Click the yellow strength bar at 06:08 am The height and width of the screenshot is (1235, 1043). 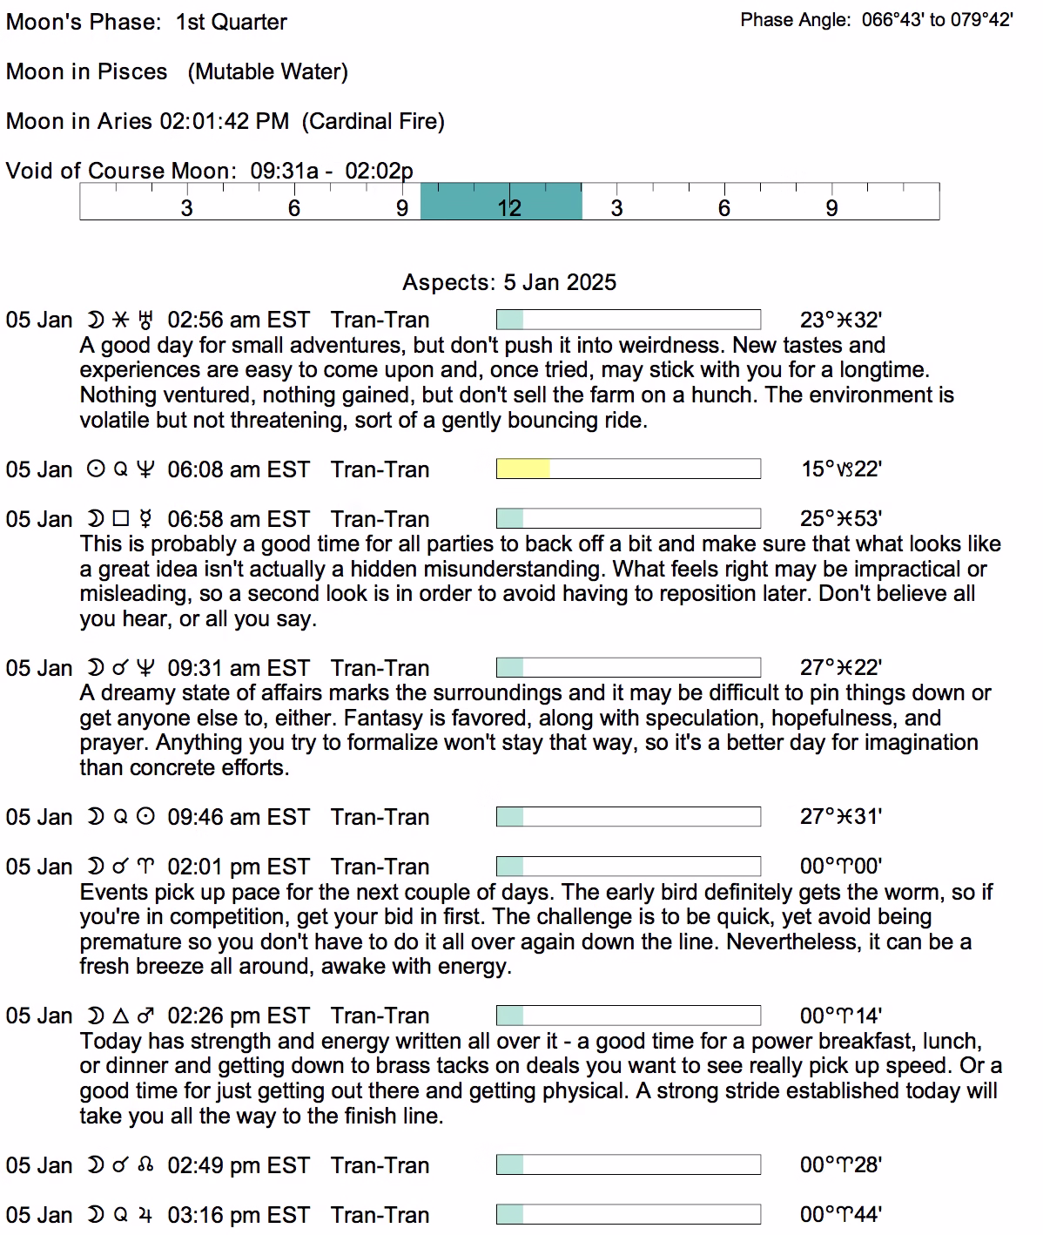click(523, 469)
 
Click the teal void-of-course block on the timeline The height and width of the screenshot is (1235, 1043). click(501, 201)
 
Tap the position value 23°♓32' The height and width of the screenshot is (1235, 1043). click(841, 321)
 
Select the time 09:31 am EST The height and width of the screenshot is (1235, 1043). click(238, 668)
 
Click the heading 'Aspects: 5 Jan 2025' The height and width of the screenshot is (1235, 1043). click(509, 283)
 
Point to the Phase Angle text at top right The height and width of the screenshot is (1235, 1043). click(877, 20)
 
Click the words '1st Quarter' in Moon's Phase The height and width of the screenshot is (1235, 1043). click(232, 22)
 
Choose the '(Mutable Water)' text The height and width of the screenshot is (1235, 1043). click(268, 71)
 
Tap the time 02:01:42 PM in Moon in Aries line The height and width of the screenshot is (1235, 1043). click(224, 121)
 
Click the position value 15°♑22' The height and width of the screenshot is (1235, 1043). click(841, 469)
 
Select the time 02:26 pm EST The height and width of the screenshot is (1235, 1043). click(238, 1016)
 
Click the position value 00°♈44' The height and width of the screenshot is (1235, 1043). click(841, 1215)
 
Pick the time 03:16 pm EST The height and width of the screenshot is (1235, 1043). click(238, 1215)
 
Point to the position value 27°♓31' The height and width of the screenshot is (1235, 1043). click(841, 817)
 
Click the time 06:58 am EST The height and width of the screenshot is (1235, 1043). click(238, 519)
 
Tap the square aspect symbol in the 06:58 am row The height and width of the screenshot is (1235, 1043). click(121, 519)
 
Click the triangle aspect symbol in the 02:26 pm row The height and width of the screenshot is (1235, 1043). click(121, 1016)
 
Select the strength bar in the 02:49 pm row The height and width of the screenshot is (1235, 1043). click(628, 1165)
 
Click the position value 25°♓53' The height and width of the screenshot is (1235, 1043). click(841, 519)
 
